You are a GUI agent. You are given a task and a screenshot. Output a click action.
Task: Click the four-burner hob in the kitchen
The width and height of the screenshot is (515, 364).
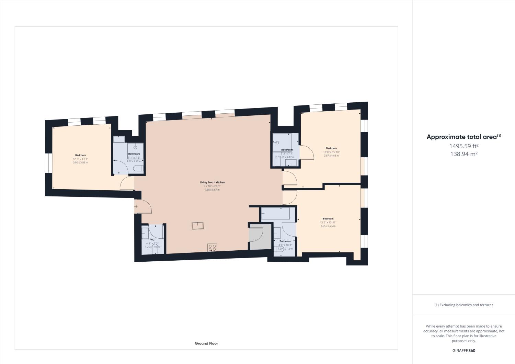point(212,247)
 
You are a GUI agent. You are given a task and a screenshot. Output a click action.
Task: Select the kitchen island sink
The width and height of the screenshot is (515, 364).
point(198,226)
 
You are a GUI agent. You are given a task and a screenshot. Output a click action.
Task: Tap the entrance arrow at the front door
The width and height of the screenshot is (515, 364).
point(136,206)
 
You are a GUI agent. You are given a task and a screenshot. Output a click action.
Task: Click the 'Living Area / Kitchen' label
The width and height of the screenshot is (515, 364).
point(212,182)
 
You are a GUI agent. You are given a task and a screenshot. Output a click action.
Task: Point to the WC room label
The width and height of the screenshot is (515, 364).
point(152,240)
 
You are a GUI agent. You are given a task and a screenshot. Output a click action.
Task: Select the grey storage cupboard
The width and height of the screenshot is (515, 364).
point(260,237)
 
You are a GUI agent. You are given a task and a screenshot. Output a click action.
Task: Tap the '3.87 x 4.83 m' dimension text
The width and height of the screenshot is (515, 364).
point(331,156)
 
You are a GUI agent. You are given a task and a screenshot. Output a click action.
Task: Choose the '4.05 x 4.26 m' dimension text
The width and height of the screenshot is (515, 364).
point(328,226)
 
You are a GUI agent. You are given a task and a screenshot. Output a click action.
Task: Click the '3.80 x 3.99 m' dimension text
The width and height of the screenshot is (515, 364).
point(80,162)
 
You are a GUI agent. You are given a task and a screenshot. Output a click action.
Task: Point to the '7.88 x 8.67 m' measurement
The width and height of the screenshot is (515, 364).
point(212,190)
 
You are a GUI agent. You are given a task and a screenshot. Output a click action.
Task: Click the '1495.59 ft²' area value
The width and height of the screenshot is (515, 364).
point(464,146)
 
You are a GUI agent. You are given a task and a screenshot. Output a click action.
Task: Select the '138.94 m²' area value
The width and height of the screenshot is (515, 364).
point(464,154)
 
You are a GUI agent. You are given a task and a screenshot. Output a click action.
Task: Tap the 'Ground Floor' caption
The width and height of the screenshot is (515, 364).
point(206,343)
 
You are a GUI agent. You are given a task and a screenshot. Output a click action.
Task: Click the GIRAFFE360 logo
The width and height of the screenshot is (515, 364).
point(464,351)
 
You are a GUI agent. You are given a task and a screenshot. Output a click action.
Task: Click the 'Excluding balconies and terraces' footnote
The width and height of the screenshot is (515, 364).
point(464,305)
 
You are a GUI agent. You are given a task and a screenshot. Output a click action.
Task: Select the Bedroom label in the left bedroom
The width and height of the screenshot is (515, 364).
point(80,155)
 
